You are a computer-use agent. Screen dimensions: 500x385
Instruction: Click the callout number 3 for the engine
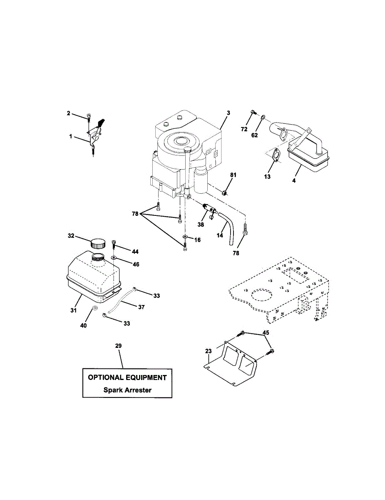pos(228,113)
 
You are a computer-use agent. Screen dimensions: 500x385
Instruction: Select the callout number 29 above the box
pos(119,346)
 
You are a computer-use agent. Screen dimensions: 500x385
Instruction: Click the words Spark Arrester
pos(127,390)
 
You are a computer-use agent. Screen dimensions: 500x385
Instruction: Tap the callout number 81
pos(233,175)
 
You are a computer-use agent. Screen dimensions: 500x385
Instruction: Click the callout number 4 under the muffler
pos(294,182)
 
